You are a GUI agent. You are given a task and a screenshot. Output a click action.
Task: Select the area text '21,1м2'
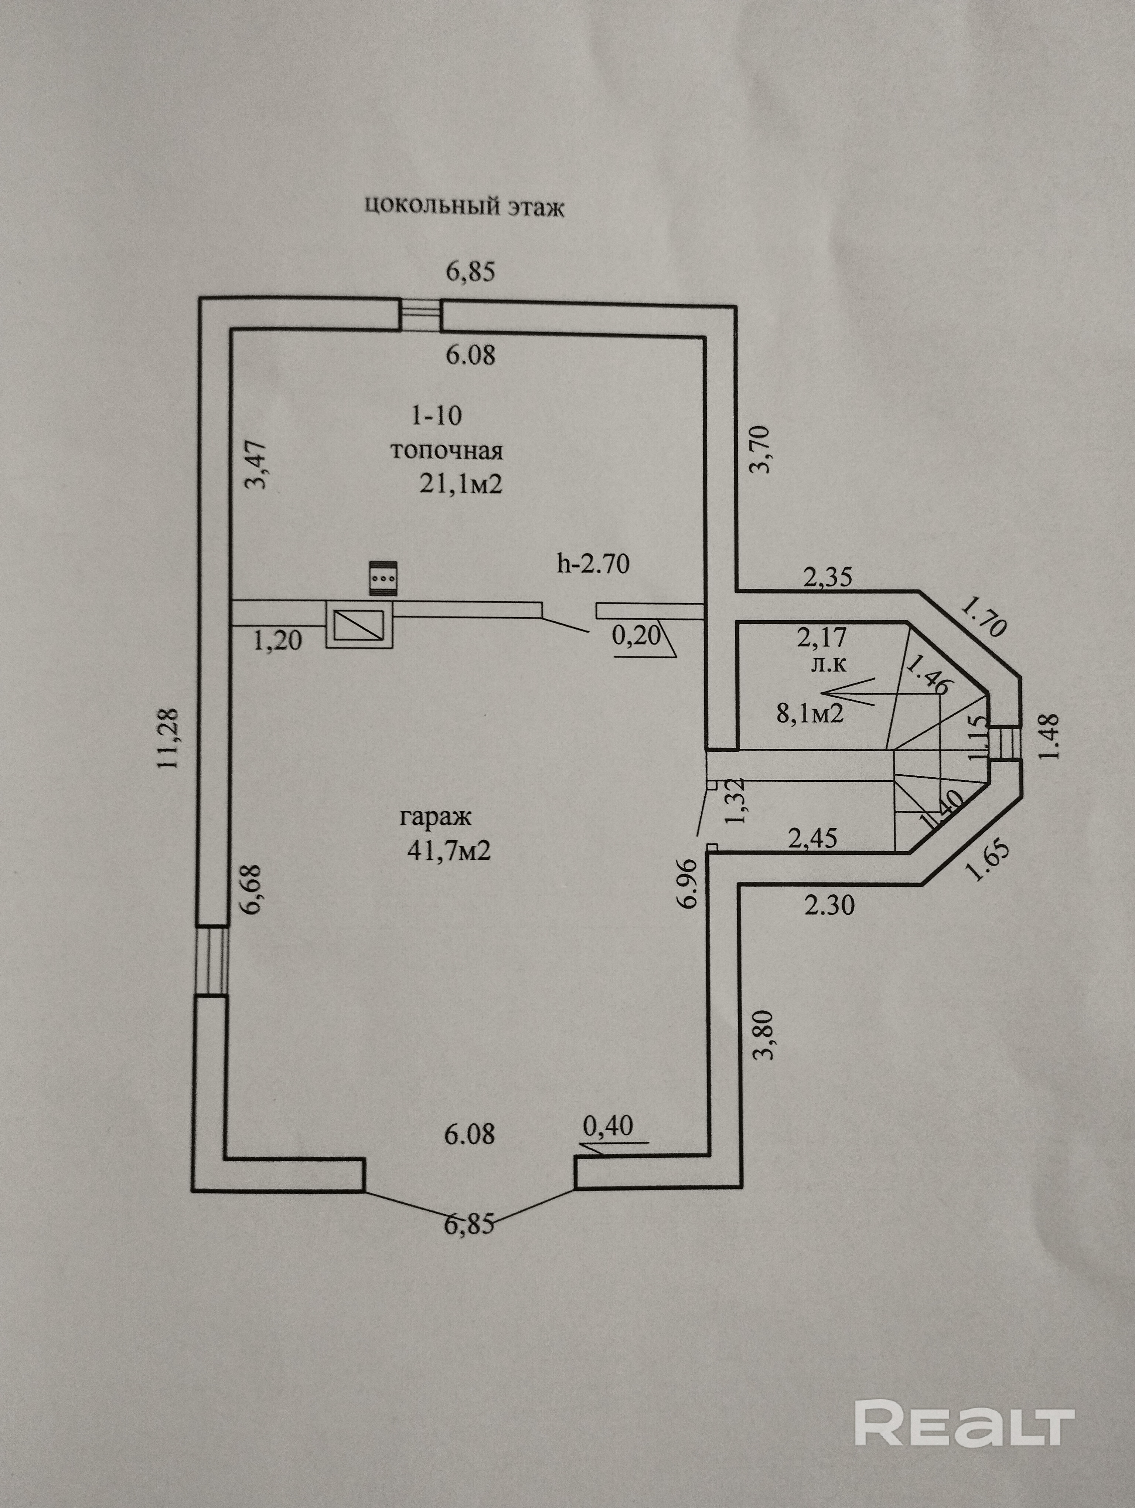click(461, 484)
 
